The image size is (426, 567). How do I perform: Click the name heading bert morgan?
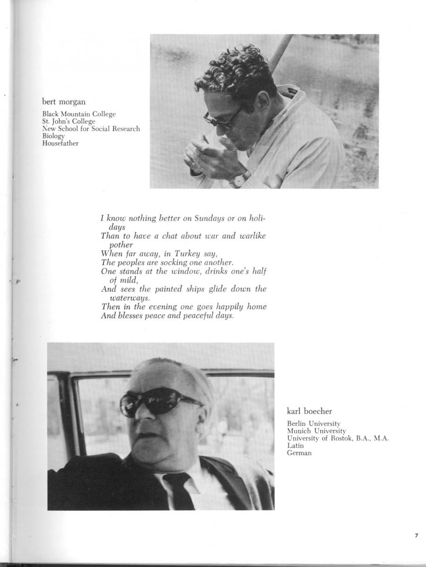tap(63, 102)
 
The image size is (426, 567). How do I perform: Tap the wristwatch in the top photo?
tap(240, 179)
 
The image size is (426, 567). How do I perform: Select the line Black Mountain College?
tap(78, 114)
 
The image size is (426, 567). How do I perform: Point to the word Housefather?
tap(61, 143)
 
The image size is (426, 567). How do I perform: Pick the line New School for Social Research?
tap(91, 129)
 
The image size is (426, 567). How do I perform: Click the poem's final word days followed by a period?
tap(224, 316)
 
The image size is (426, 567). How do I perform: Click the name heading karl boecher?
tap(310, 411)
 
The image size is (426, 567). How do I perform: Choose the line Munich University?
tap(316, 431)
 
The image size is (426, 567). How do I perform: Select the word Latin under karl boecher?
tap(296, 446)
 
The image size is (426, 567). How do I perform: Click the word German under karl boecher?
tap(299, 453)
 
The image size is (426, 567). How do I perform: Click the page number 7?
tap(416, 535)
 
